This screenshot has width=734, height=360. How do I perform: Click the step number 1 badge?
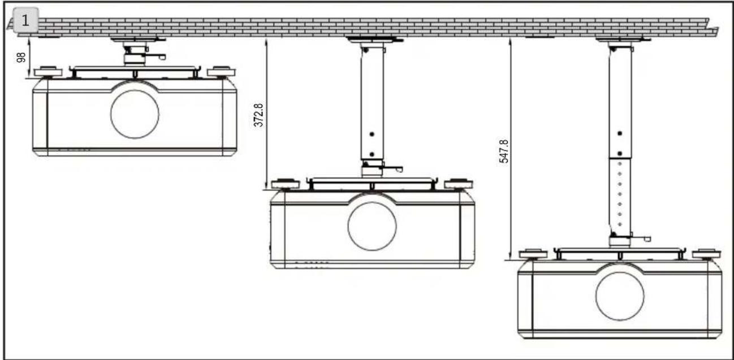pos(25,20)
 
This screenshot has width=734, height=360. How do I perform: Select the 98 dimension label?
pos(21,57)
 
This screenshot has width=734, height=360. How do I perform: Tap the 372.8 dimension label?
pos(258,115)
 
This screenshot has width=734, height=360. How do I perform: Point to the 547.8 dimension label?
pos(504,151)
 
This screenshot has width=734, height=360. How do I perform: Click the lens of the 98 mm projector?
pos(135,114)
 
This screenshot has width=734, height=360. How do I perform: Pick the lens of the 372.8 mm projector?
pos(372,227)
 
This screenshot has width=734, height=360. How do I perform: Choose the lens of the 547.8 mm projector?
pos(620,296)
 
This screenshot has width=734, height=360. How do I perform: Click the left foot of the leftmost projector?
pos(48,72)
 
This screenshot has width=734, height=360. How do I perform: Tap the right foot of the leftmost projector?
pos(221,72)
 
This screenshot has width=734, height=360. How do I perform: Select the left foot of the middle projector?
pos(286,184)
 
